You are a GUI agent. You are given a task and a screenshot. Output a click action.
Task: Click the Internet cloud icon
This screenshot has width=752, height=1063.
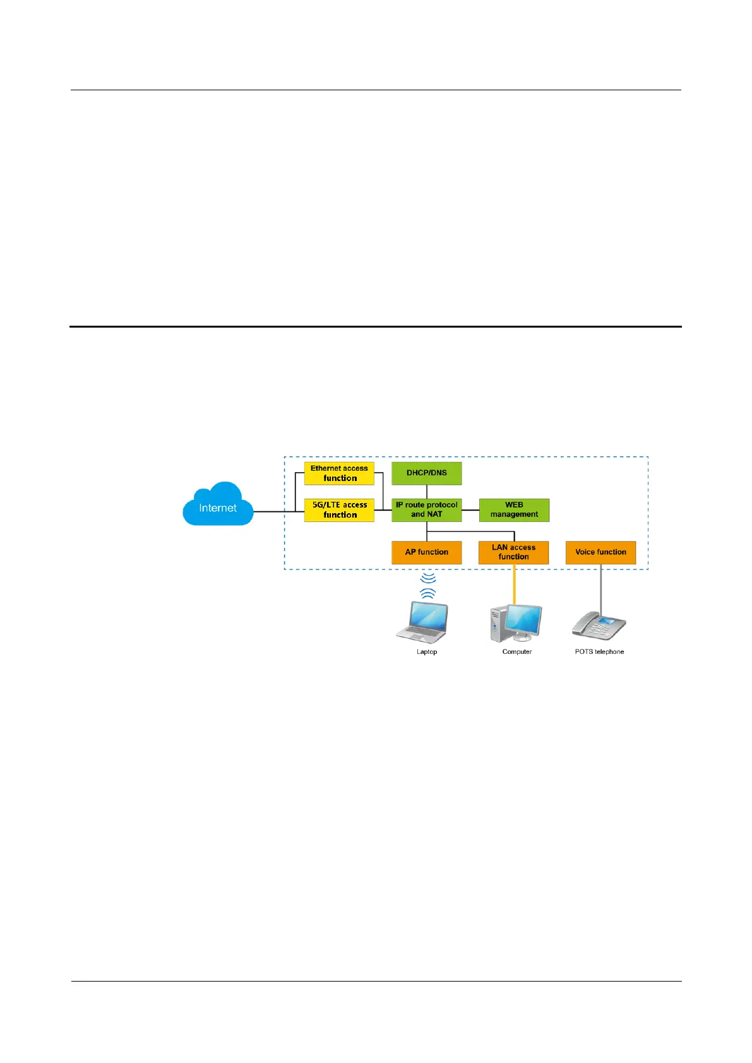[218, 505]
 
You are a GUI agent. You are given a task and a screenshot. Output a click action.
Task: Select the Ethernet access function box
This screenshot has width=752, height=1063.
[339, 473]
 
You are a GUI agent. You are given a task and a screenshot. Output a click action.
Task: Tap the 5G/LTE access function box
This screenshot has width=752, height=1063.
[339, 510]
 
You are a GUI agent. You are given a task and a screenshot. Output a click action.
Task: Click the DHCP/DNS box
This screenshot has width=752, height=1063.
[427, 473]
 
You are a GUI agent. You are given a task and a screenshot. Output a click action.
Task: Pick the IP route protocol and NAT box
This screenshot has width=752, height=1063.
[427, 510]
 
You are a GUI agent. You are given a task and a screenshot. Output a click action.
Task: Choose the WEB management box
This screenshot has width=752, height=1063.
[514, 510]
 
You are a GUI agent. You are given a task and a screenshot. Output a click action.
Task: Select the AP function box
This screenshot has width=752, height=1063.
[427, 552]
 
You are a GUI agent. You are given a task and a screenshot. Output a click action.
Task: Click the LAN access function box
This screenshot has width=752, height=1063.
[513, 552]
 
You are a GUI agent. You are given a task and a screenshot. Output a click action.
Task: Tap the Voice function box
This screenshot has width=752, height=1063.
[600, 552]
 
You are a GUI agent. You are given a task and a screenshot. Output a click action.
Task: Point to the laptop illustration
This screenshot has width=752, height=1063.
[423, 622]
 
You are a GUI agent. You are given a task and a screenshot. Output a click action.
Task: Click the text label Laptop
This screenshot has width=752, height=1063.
[427, 651]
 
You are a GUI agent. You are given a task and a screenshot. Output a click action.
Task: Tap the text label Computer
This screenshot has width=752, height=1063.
[517, 651]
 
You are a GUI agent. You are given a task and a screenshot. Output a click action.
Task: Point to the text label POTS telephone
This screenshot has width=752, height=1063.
[599, 651]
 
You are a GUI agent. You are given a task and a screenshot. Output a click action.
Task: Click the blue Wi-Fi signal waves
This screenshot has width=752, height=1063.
[428, 585]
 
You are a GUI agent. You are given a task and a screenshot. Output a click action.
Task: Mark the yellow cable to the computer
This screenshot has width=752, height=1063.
[514, 584]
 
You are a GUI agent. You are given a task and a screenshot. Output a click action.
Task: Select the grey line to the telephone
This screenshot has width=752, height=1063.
[600, 587]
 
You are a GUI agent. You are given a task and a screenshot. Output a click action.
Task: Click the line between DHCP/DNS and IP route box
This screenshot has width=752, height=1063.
[427, 492]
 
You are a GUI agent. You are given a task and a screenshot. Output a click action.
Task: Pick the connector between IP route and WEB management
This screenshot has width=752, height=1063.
[470, 510]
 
